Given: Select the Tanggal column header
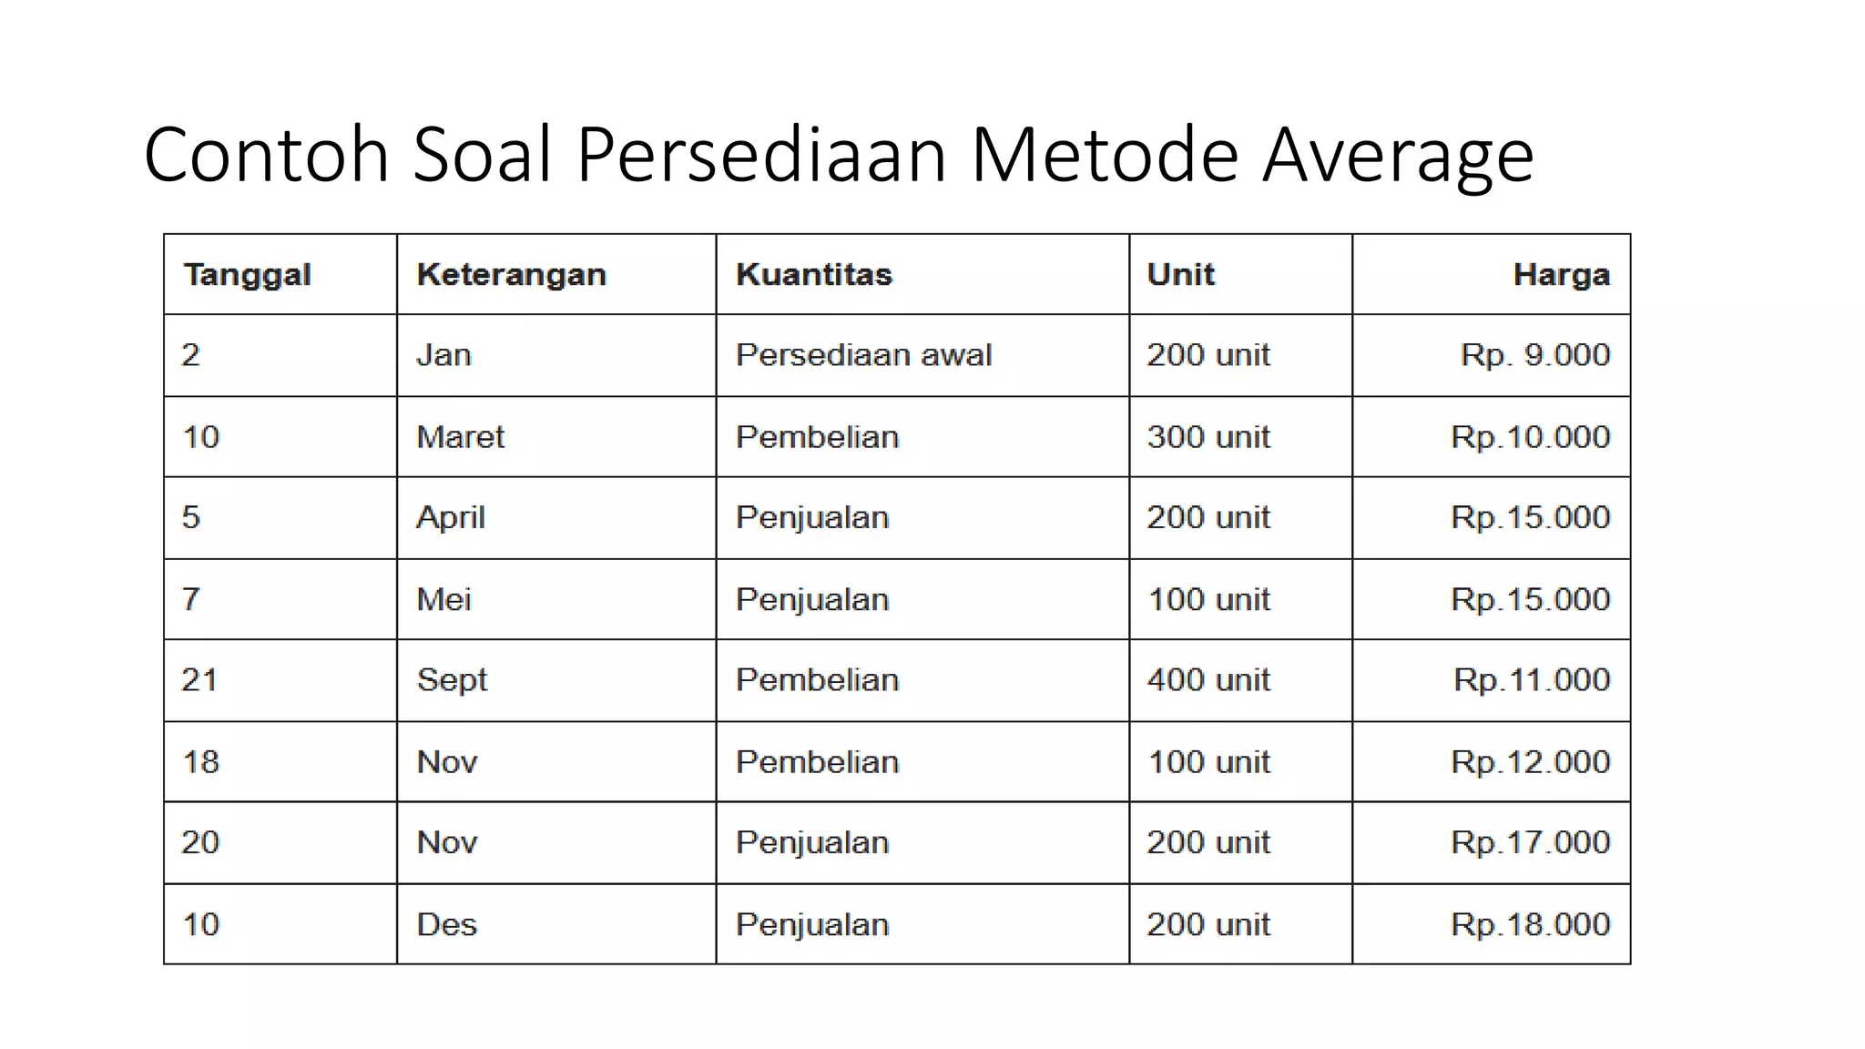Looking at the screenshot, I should pyautogui.click(x=247, y=275).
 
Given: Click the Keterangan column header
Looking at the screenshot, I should pyautogui.click(x=511, y=275).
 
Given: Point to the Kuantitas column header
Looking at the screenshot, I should pyautogui.click(x=814, y=275).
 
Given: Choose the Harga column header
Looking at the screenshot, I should pyautogui.click(x=1561, y=275).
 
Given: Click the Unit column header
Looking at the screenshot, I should pyautogui.click(x=1180, y=275).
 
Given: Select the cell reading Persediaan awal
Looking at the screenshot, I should pyautogui.click(x=863, y=355).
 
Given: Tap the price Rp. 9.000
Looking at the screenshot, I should pyautogui.click(x=1535, y=355).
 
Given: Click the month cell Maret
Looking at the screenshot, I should pyautogui.click(x=460, y=437).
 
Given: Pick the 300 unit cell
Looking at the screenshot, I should pyautogui.click(x=1208, y=437).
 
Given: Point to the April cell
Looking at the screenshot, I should pyautogui.click(x=451, y=518).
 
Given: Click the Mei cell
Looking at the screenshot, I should pyautogui.click(x=443, y=599).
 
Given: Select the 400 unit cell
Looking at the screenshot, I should pyautogui.click(x=1208, y=680).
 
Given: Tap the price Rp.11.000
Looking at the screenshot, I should pyautogui.click(x=1532, y=680).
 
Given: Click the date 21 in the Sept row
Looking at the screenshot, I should pyautogui.click(x=199, y=680).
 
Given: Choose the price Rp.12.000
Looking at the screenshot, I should pyautogui.click(x=1530, y=762).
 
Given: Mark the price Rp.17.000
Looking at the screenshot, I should pyautogui.click(x=1530, y=842).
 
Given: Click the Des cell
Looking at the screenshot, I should pyautogui.click(x=446, y=925).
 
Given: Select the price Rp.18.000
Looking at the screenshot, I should pyautogui.click(x=1530, y=925).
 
